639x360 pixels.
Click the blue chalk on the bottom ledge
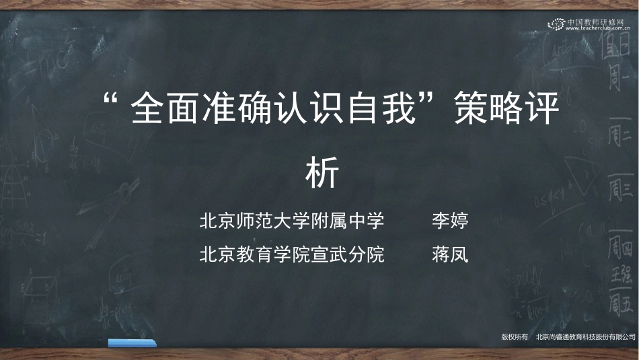pyautogui.click(x=133, y=343)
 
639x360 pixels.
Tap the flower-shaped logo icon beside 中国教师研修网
pyautogui.click(x=557, y=24)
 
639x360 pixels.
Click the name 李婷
pyautogui.click(x=449, y=221)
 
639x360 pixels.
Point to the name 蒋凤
pyautogui.click(x=449, y=254)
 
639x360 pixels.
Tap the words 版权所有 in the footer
pyautogui.click(x=515, y=336)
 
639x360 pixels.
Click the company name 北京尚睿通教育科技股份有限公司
pyautogui.click(x=585, y=336)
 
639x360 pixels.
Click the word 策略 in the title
pyautogui.click(x=487, y=110)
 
